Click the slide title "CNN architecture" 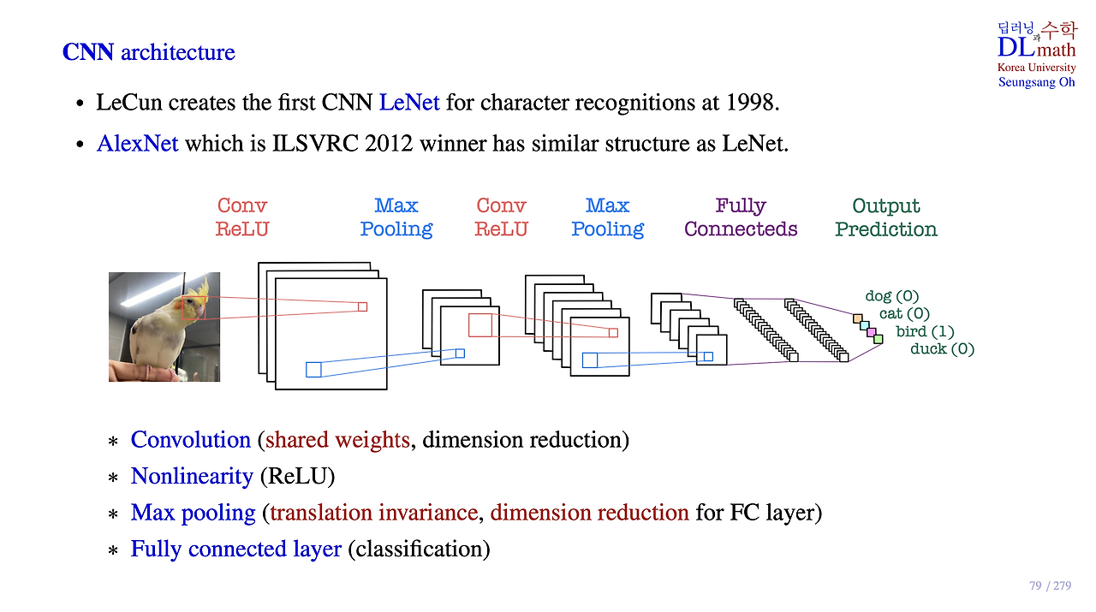(148, 52)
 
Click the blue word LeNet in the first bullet (409, 104)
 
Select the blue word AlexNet (138, 143)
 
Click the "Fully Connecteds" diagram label (741, 217)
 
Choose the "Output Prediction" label (886, 217)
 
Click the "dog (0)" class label (891, 296)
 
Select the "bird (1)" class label (925, 331)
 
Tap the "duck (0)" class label (942, 349)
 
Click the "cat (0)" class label (904, 314)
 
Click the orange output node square (857, 318)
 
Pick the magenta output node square (872, 332)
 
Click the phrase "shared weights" (337, 440)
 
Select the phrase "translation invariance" (373, 513)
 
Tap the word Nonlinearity (192, 476)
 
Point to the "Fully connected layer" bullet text (235, 549)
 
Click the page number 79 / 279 (1050, 586)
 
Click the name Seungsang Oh (1037, 83)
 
